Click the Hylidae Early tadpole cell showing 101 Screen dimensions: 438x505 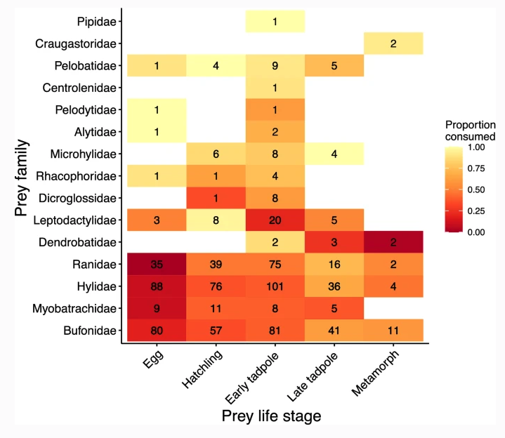275,286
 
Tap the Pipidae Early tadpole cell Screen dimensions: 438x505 275,22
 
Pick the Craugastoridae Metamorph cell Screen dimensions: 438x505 393,44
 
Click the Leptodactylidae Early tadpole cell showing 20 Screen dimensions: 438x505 275,220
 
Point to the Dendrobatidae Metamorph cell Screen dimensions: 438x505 393,242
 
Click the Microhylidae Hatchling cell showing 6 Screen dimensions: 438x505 216,154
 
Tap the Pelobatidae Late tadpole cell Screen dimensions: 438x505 334,66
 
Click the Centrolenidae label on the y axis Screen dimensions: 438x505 79,88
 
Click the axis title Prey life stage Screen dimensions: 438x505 271,416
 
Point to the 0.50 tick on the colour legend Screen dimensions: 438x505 476,189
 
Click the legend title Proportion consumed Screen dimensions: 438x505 470,130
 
